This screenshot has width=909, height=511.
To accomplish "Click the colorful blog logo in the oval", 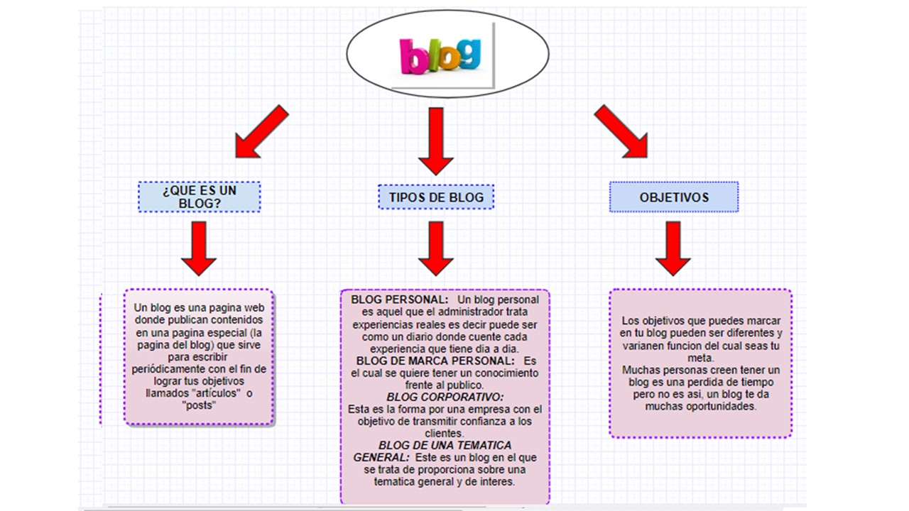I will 440,55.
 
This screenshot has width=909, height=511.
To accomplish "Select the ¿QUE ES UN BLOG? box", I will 200,197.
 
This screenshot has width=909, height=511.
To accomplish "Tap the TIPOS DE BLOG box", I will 436,197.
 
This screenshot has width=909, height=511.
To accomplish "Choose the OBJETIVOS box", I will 674,197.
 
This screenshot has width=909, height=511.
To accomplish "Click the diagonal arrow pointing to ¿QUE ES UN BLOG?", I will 261,132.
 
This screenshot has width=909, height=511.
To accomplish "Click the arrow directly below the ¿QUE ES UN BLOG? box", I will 199,248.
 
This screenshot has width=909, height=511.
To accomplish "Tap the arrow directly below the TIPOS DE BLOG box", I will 435,248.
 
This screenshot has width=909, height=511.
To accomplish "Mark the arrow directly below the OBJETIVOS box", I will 673,248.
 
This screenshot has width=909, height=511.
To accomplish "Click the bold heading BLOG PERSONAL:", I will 399,300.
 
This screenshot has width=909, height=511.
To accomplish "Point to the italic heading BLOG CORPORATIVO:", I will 445,397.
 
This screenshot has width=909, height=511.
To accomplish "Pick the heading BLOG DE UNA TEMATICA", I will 445,445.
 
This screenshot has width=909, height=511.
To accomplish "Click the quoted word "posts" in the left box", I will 199,405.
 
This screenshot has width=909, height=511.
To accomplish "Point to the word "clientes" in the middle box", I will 445,433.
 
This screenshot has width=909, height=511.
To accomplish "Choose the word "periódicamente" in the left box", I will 170,369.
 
